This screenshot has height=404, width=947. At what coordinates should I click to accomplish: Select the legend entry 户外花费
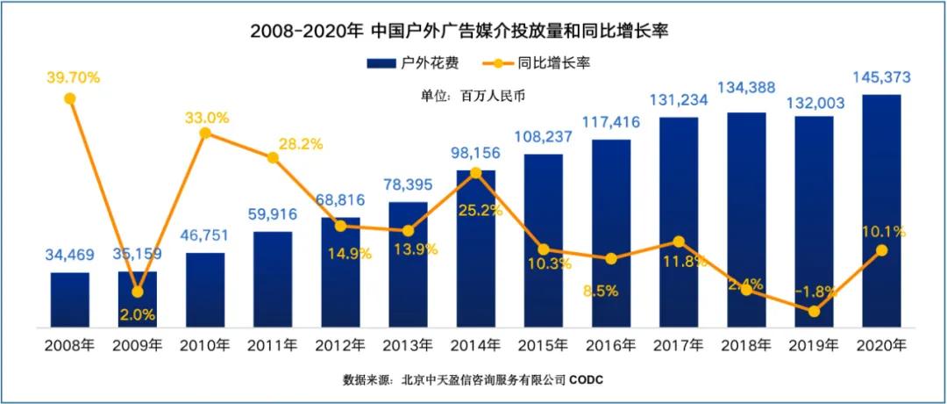coord(412,64)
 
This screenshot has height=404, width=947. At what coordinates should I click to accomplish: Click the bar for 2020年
coord(881,211)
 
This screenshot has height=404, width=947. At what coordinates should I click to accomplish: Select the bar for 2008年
coord(70,299)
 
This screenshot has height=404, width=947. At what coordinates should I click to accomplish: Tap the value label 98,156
coord(475,154)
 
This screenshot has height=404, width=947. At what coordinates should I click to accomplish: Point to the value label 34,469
coord(70,256)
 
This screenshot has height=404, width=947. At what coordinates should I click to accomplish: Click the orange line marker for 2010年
coord(205,133)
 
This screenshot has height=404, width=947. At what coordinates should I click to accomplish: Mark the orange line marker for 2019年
coord(814,311)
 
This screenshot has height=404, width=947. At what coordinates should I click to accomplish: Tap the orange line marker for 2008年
coord(70,98)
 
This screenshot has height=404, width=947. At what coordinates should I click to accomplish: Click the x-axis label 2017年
coord(678,343)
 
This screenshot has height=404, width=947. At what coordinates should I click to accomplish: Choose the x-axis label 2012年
coord(340,343)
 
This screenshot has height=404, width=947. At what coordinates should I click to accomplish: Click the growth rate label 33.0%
coord(207,117)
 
